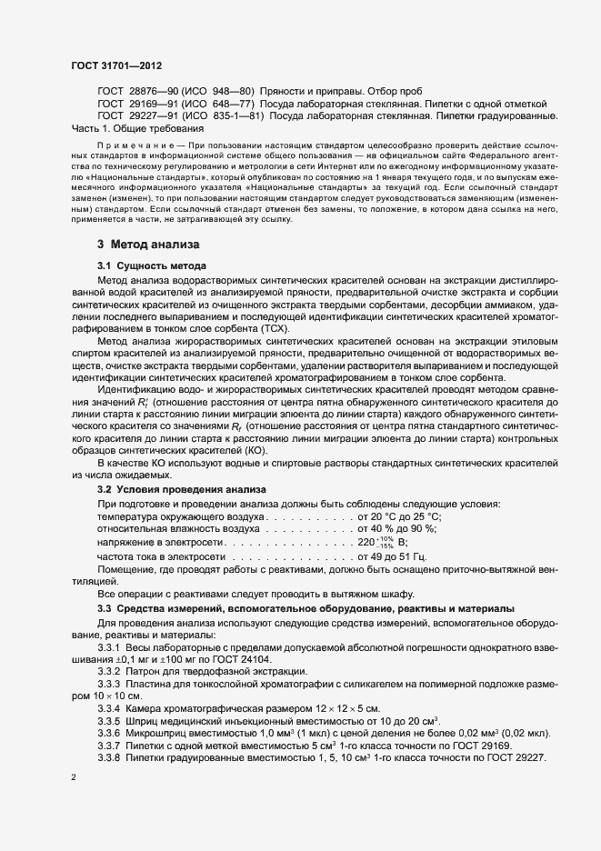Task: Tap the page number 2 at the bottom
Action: pyautogui.click(x=74, y=778)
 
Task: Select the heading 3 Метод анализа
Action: pyautogui.click(x=148, y=245)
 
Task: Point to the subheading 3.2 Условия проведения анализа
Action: pyautogui.click(x=168, y=489)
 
